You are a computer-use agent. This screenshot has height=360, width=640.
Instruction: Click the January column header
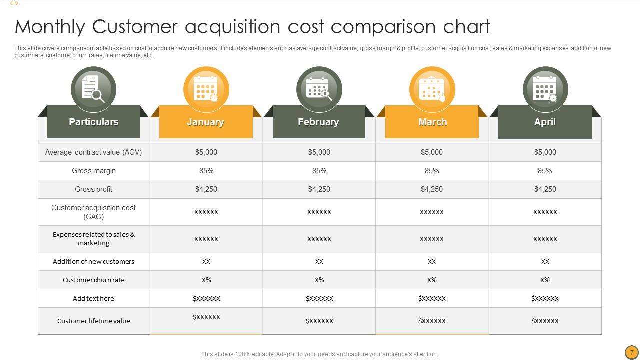(x=205, y=122)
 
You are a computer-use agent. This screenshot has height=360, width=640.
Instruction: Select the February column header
(x=318, y=122)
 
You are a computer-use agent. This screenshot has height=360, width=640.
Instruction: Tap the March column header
(x=432, y=122)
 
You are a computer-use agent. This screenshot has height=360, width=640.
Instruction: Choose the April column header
(x=545, y=122)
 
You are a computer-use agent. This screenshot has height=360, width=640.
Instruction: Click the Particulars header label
(x=93, y=122)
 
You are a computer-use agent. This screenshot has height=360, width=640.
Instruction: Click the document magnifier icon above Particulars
(x=93, y=89)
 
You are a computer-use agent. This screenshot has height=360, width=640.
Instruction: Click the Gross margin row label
(x=94, y=171)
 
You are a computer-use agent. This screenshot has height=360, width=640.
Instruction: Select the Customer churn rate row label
(x=94, y=280)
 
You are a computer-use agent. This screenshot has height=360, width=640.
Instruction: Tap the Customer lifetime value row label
(x=94, y=321)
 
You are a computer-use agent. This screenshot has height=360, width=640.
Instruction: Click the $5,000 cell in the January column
(x=206, y=152)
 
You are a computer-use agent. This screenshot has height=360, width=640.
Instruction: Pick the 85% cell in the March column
(x=432, y=171)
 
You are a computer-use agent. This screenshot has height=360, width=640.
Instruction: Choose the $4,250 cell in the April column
(x=545, y=189)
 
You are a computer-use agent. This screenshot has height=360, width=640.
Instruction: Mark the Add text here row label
(x=94, y=299)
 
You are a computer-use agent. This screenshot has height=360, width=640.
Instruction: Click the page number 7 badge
(x=632, y=352)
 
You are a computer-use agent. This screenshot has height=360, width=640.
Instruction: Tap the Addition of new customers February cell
(x=319, y=262)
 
